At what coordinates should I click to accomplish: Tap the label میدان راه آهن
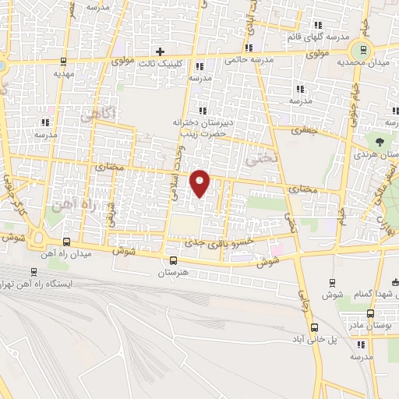[x=93, y=254]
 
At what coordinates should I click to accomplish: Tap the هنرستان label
[x=174, y=273]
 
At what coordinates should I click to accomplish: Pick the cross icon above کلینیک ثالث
[x=160, y=51]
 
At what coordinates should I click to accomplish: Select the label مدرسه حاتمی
[x=247, y=60]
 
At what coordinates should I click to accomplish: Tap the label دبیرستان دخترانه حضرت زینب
[x=199, y=127]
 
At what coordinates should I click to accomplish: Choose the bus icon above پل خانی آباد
[x=314, y=327]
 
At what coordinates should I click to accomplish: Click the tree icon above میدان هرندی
[x=380, y=142]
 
